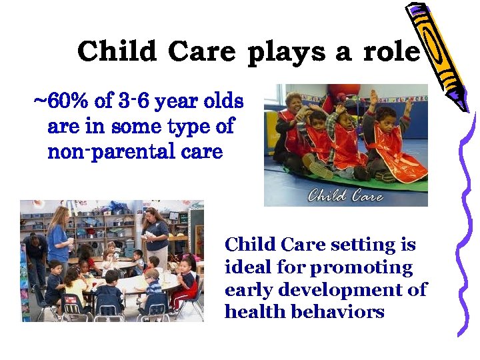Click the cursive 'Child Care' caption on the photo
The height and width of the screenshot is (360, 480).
[x=345, y=195]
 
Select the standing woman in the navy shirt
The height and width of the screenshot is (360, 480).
[x=155, y=237]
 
